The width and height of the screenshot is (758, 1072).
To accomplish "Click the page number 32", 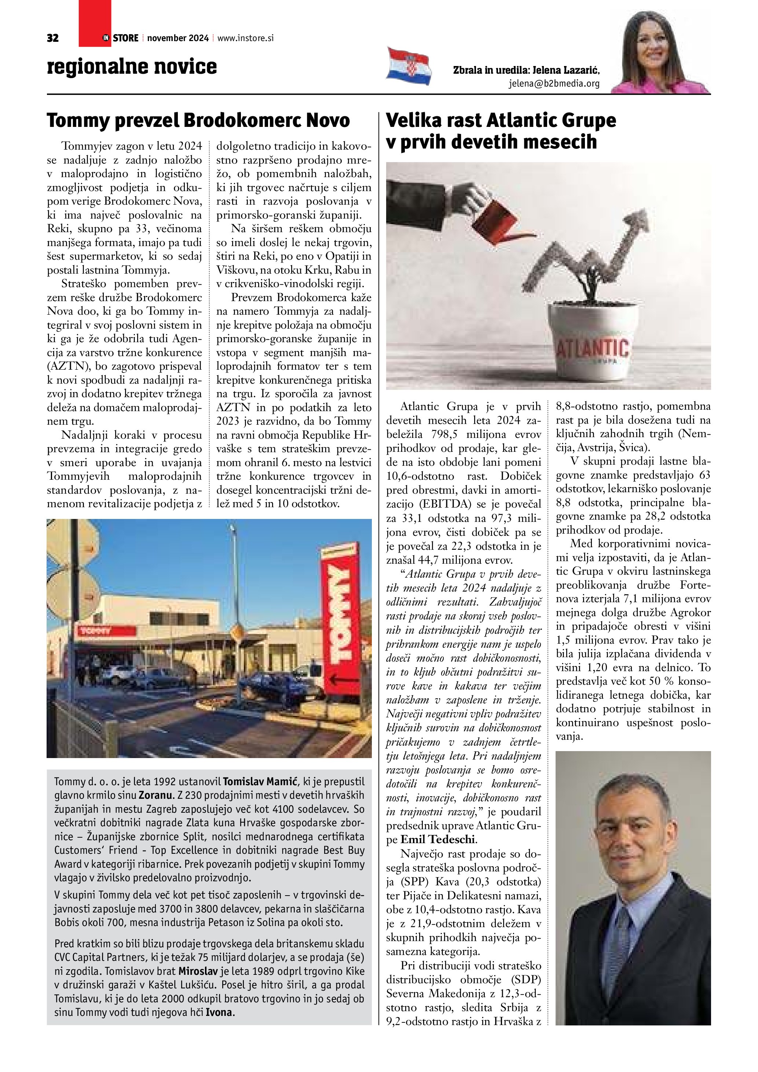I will pyautogui.click(x=53, y=38).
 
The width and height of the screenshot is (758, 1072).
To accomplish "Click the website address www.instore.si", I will pyautogui.click(x=245, y=38).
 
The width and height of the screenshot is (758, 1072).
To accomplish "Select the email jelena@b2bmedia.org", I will pyautogui.click(x=554, y=84).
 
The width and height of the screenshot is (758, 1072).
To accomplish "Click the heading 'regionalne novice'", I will pyautogui.click(x=132, y=66).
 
